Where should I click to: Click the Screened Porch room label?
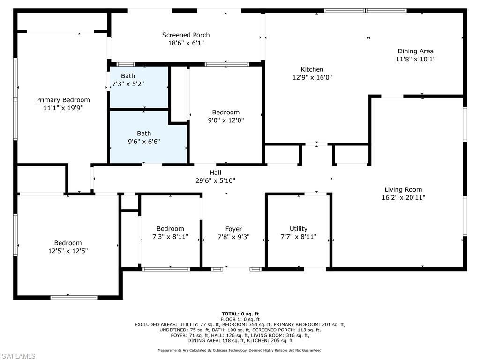click(x=186, y=35)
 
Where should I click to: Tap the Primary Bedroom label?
click(x=63, y=100)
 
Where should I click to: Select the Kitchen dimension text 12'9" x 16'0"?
click(x=312, y=77)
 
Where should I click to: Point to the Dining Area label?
click(x=415, y=51)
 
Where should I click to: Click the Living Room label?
click(x=403, y=189)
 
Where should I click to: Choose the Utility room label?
click(x=299, y=229)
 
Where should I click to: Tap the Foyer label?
click(x=233, y=229)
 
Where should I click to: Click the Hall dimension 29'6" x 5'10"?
click(x=216, y=180)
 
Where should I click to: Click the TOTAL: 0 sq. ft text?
click(x=240, y=314)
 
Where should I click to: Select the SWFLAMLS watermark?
click(x=18, y=356)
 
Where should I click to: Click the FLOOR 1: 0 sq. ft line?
click(x=240, y=319)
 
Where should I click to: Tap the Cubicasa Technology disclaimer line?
click(x=240, y=350)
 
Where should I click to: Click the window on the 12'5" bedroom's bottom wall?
click(x=74, y=298)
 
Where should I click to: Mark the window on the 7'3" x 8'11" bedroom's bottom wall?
click(x=166, y=270)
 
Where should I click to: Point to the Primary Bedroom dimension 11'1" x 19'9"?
click(x=63, y=108)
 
